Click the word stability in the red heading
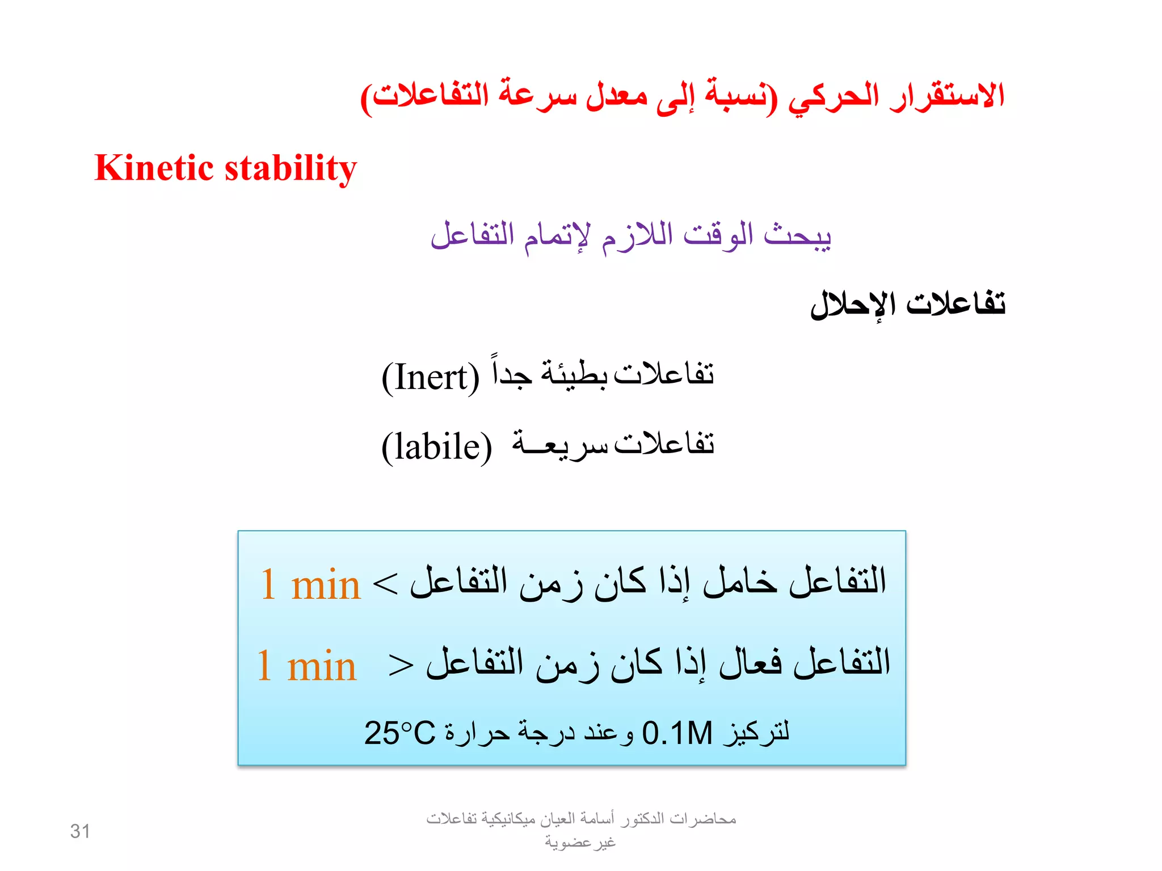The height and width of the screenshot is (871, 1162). [291, 169]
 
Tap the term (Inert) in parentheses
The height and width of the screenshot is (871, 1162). [431, 378]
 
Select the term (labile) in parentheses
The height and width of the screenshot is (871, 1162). [436, 447]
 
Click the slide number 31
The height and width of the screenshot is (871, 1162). [80, 831]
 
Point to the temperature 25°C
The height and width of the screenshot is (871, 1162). [399, 733]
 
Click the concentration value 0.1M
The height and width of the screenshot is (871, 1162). [677, 733]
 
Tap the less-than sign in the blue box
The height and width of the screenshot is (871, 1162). [385, 585]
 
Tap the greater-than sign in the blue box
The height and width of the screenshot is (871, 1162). [401, 665]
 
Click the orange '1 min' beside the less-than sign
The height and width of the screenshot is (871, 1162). [310, 584]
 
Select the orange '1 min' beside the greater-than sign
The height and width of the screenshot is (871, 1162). [306, 665]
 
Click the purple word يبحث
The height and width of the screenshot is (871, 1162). [797, 235]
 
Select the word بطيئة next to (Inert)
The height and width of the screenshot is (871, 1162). [574, 374]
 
